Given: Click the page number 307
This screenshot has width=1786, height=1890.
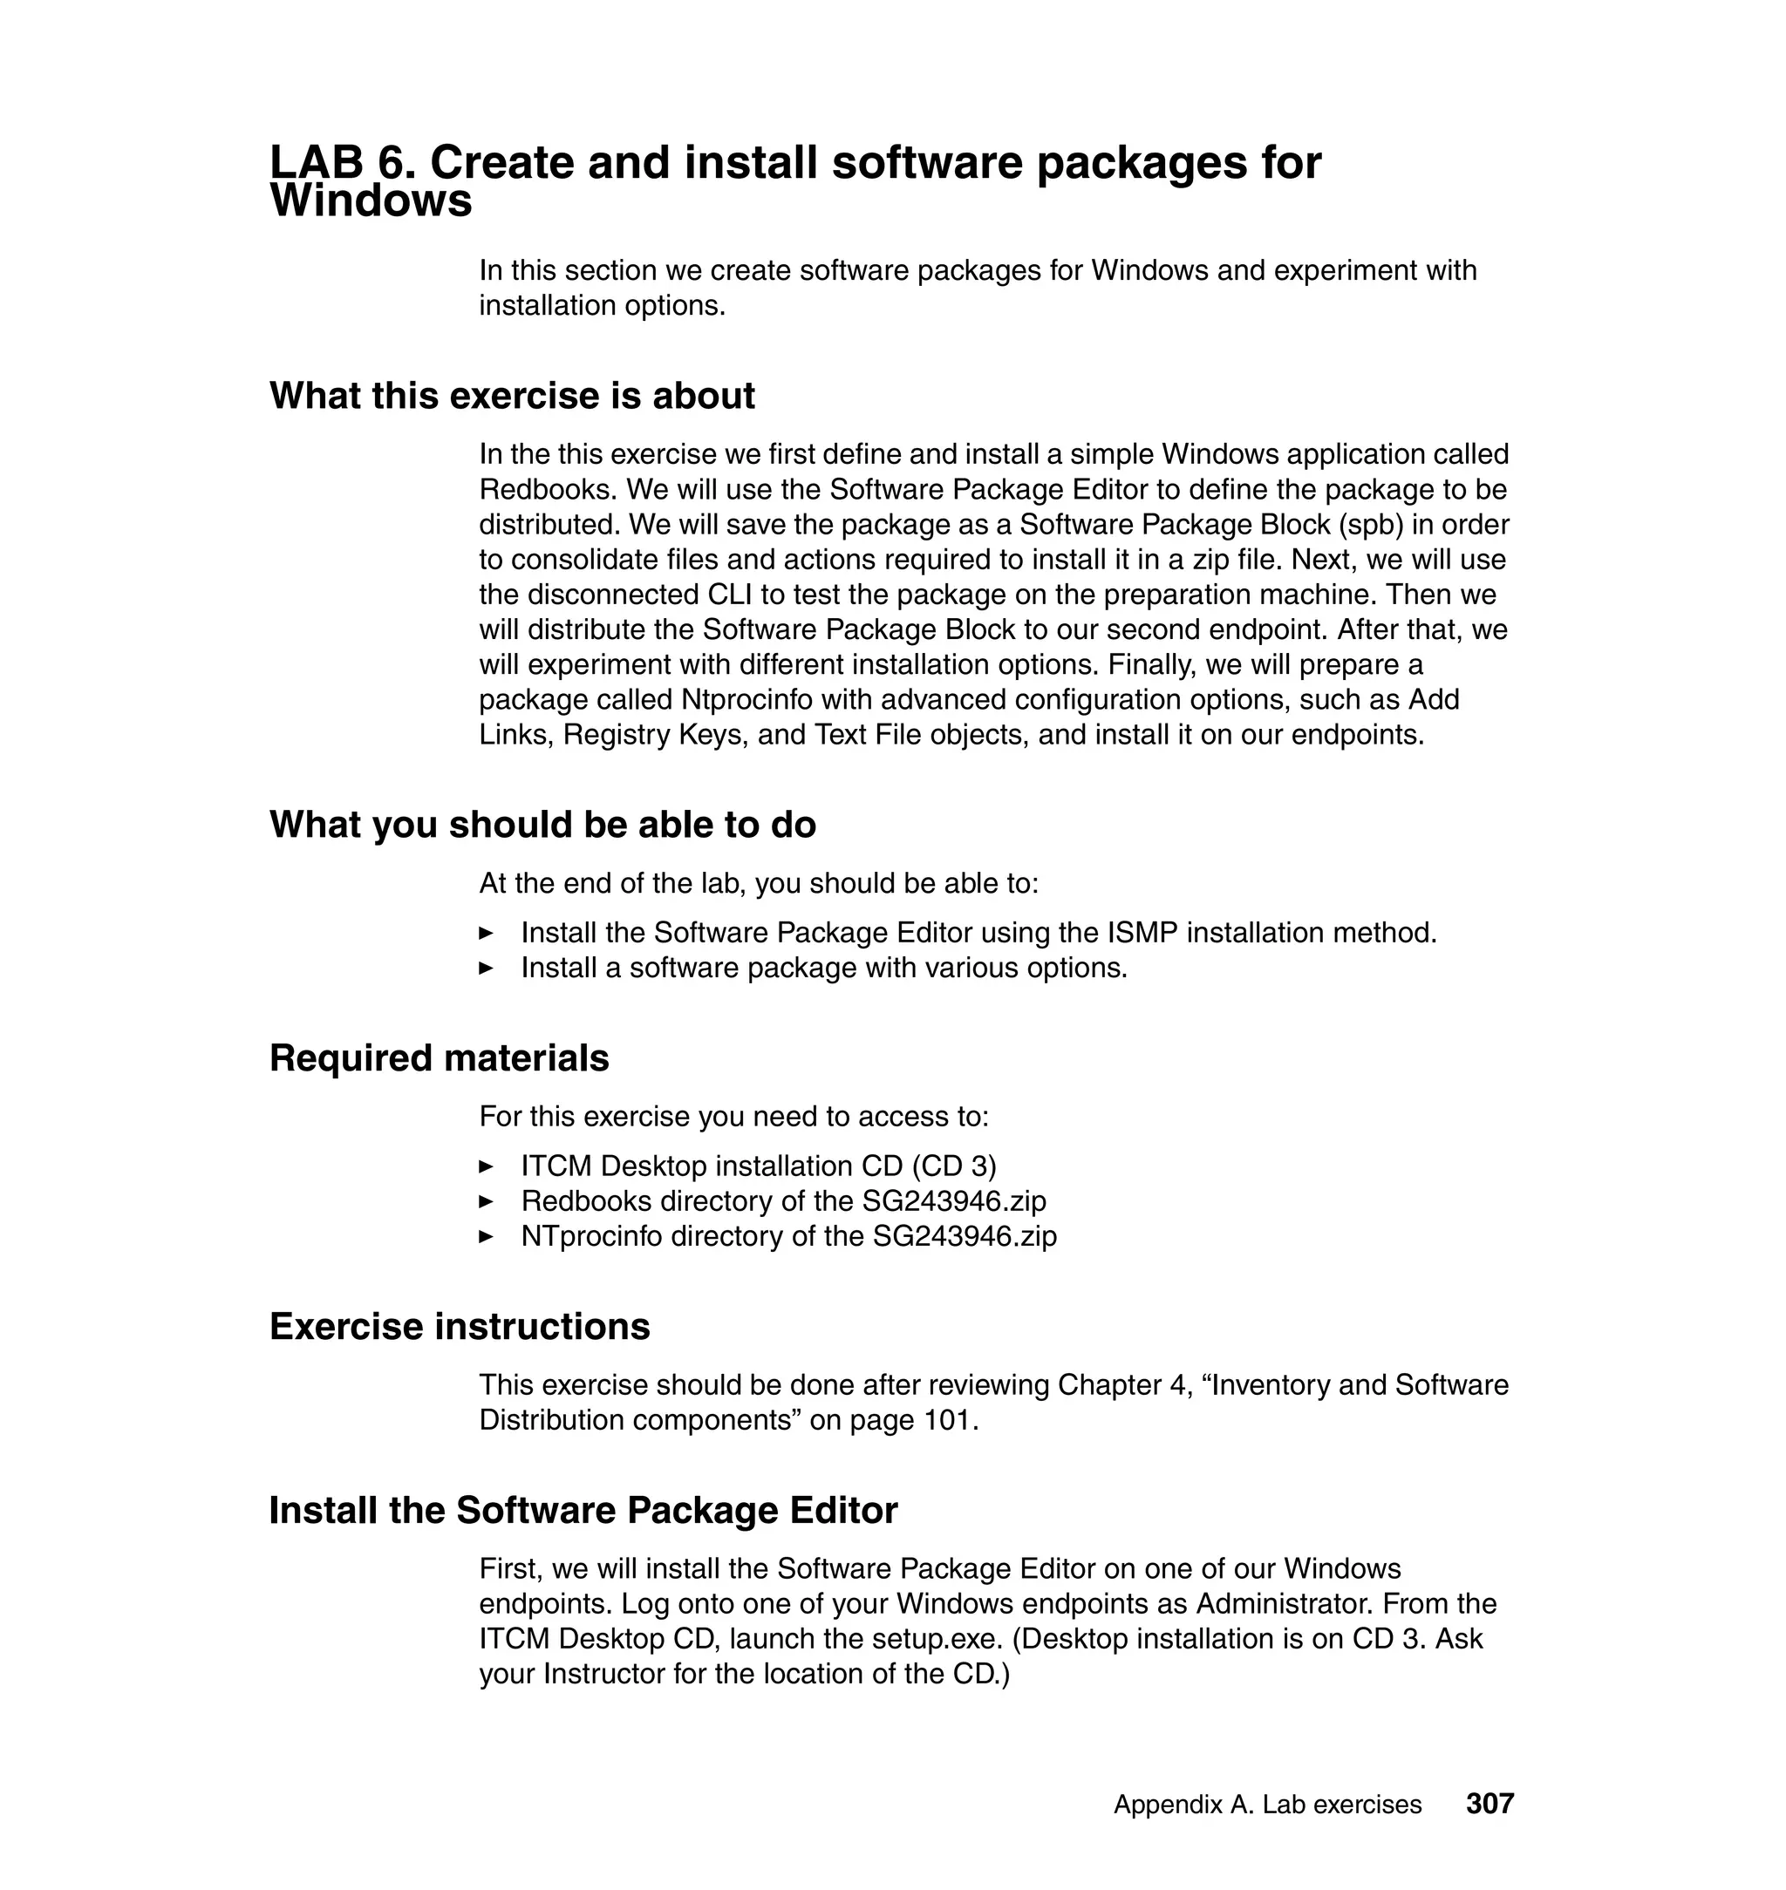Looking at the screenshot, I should point(1489,1804).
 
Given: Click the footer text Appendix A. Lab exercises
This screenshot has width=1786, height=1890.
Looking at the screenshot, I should point(1267,1805).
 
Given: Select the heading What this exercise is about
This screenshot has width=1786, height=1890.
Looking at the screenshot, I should point(512,396).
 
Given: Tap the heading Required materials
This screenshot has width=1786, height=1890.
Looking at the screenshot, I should point(439,1058).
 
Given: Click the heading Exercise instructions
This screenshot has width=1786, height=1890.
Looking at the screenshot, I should point(460,1327).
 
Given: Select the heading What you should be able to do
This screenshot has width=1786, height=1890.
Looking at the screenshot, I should point(542,825).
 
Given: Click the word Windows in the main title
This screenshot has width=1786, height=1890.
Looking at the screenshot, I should point(372,201).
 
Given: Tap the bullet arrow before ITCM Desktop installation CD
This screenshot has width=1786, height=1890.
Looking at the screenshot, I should point(487,1166).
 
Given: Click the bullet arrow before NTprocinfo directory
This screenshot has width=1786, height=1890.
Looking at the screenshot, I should point(487,1237).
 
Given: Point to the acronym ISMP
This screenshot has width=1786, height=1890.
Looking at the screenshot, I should point(1142,933).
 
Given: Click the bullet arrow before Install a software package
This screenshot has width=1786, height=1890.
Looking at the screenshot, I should point(487,969).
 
